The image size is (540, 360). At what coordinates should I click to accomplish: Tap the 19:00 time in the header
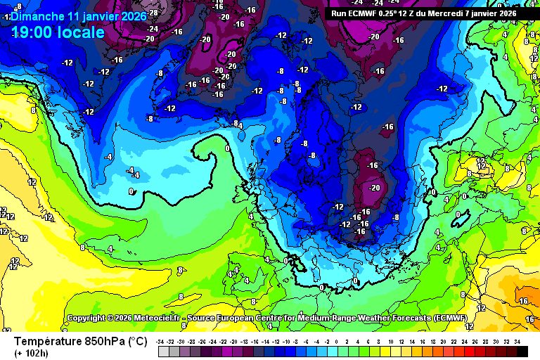click(34, 32)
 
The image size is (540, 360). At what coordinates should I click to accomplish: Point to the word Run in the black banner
click(339, 13)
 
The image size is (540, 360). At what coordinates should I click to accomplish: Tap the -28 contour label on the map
click(153, 13)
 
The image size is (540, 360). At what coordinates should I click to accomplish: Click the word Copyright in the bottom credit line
click(91, 319)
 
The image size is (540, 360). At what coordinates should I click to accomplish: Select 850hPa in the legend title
click(101, 342)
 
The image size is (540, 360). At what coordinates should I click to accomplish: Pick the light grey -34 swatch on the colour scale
click(162, 351)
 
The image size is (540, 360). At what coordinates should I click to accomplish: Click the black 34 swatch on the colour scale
click(521, 351)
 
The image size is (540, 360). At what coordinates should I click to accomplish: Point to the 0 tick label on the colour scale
click(337, 341)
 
